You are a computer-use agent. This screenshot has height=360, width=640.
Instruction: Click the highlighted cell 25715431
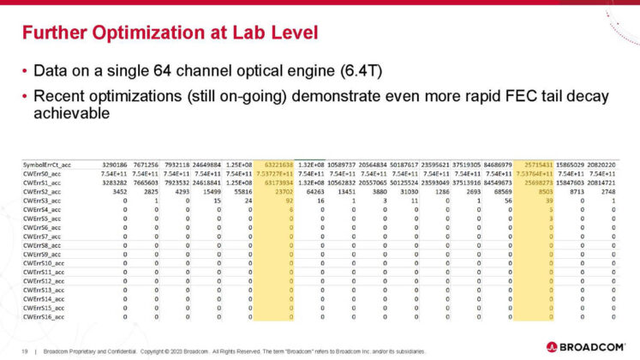[547, 162]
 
